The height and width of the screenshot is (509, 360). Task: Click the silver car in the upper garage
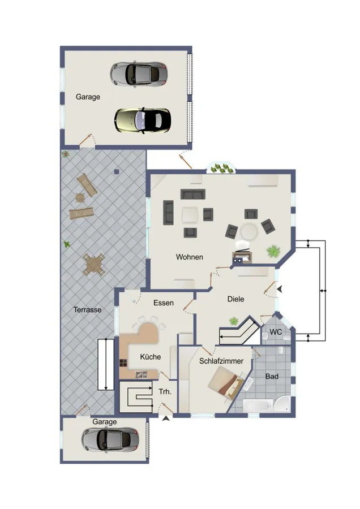(139, 73)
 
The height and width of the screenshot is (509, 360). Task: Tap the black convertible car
(143, 119)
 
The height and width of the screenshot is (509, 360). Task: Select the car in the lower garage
(110, 438)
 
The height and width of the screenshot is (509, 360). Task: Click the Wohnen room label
(189, 257)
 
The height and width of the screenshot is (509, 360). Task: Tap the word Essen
(164, 303)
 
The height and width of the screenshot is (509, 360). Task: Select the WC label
(276, 331)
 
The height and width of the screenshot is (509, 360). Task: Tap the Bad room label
(272, 376)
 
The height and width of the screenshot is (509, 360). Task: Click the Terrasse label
(87, 310)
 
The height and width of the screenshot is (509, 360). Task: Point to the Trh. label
(165, 391)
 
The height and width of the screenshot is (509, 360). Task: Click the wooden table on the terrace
(94, 264)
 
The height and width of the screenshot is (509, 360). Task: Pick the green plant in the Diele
(233, 321)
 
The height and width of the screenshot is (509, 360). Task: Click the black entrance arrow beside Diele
(279, 290)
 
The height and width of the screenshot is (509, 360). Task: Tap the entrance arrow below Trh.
(165, 419)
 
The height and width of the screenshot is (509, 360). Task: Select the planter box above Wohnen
(221, 168)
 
